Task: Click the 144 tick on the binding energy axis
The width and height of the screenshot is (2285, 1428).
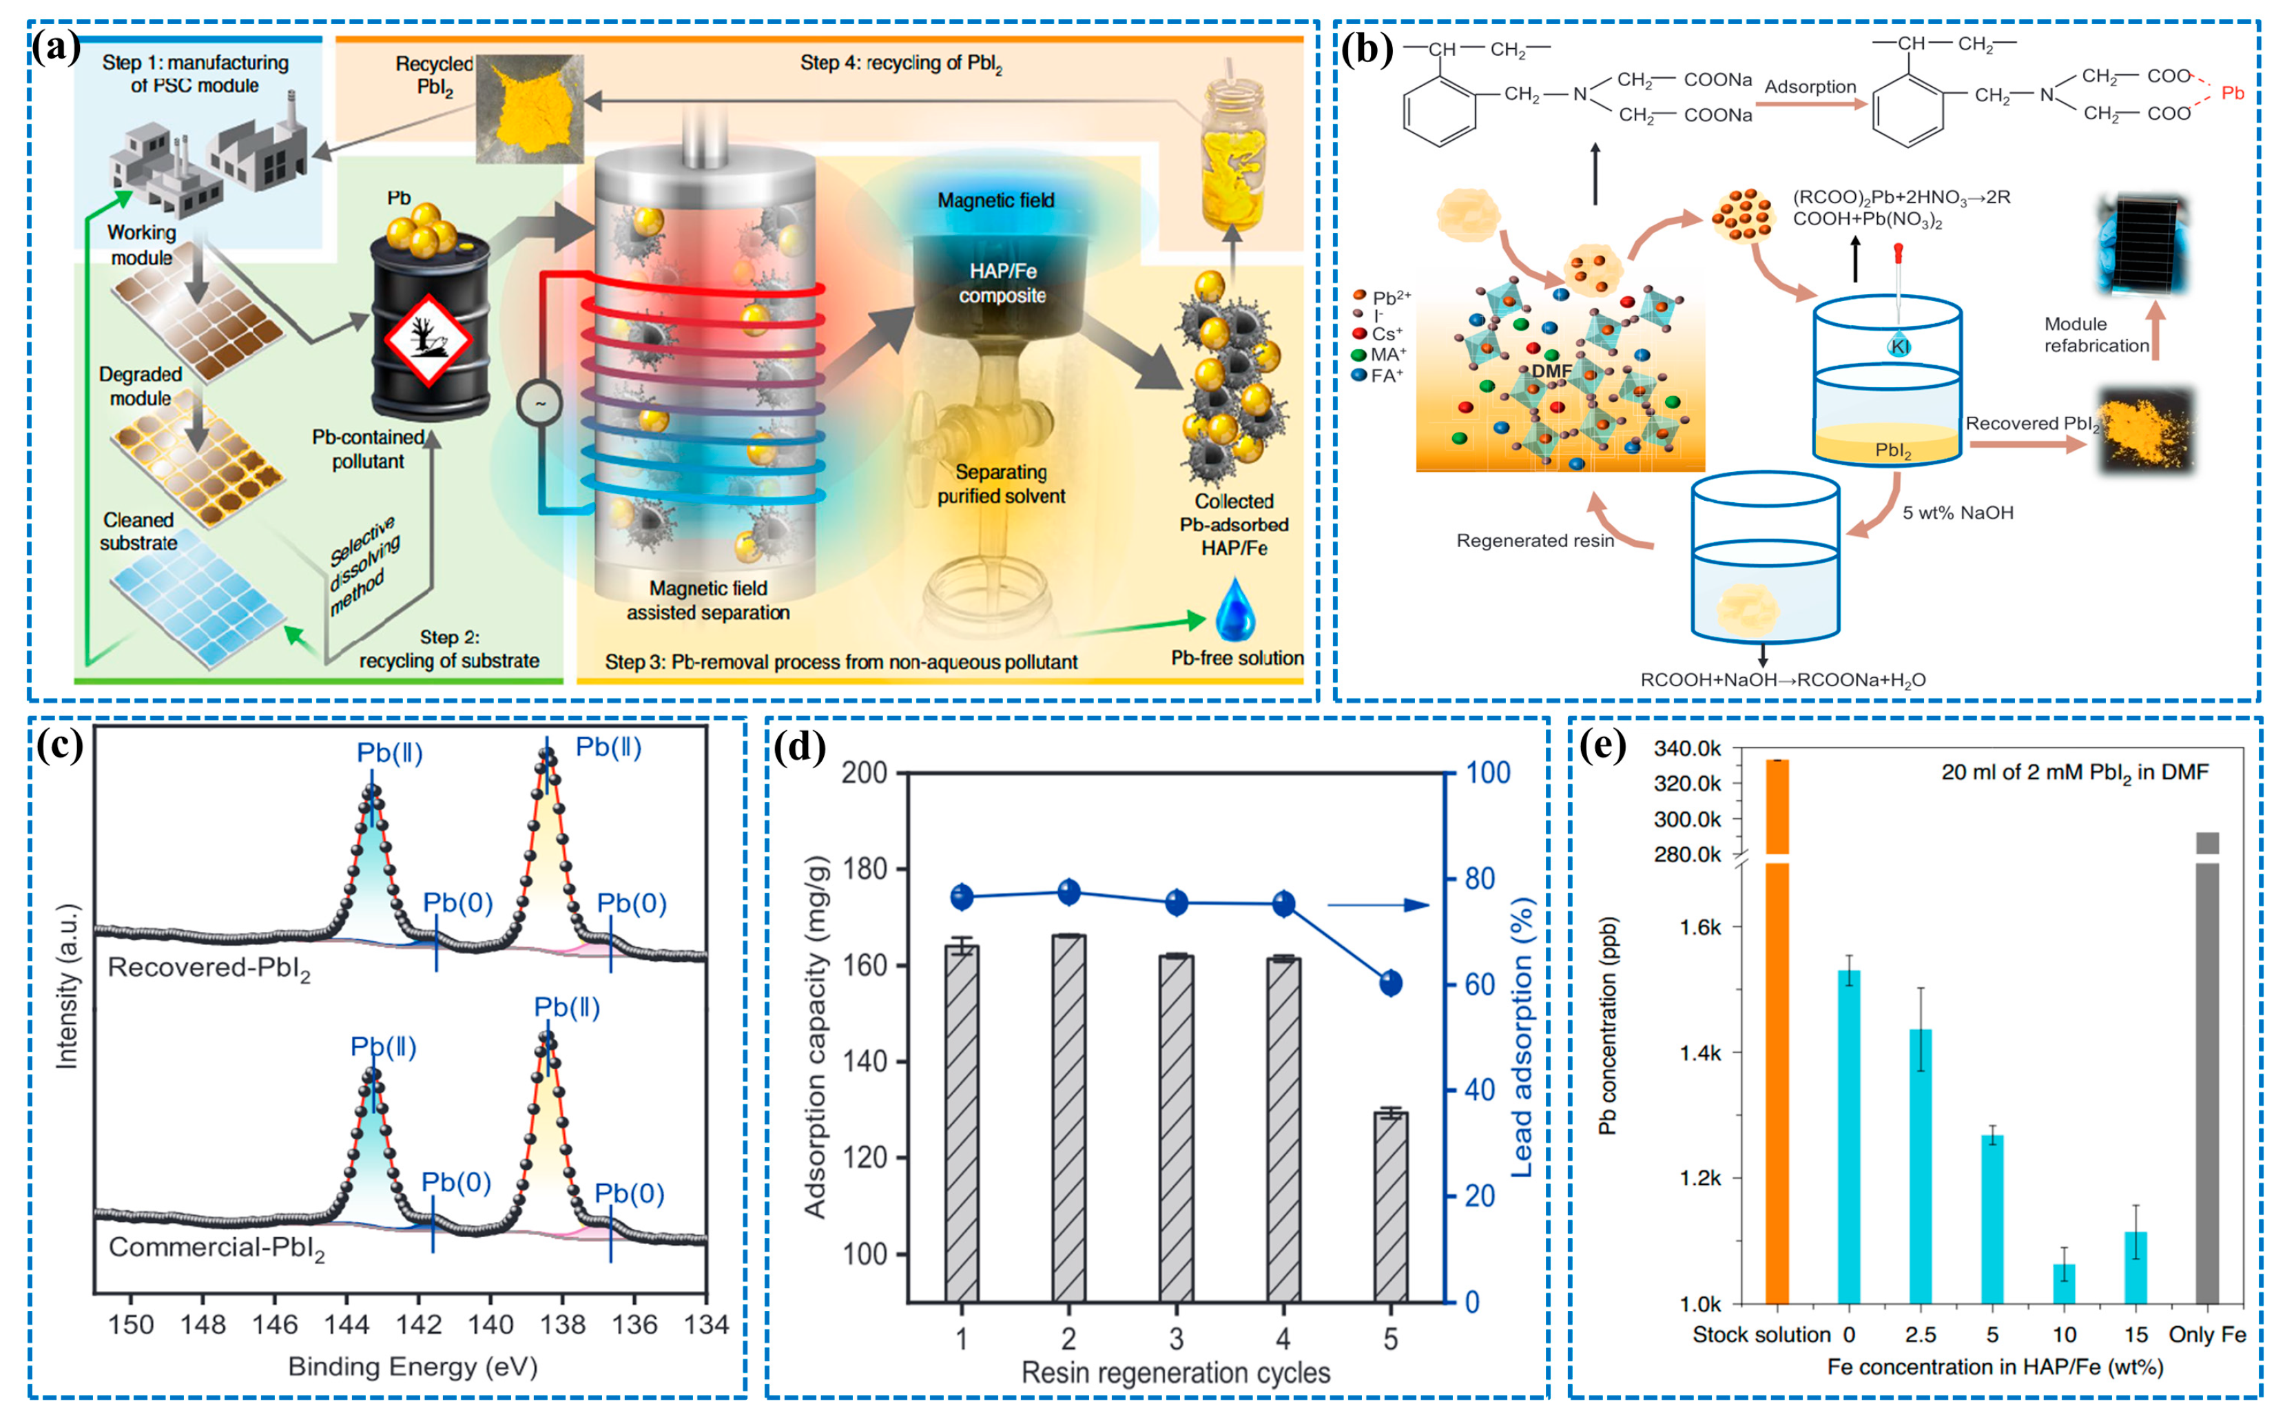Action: coord(347,1324)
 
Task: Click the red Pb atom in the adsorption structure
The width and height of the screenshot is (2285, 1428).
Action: coord(2232,92)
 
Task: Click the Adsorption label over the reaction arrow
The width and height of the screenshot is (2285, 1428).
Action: coord(1810,87)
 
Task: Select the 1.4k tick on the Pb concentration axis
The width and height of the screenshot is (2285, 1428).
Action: coord(1699,1053)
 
